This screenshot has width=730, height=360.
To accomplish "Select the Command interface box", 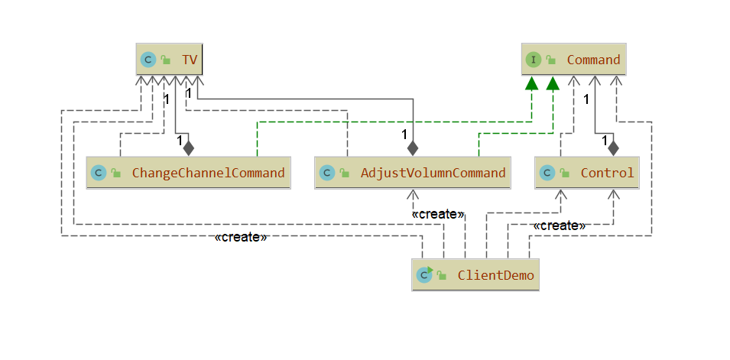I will coord(574,59).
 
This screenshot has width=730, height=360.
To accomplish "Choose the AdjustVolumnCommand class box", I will coord(413,173).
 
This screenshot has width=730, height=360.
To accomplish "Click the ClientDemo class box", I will coord(475,274).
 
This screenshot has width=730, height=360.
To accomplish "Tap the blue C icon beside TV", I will coord(148,60).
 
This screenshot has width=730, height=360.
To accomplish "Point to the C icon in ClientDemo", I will coord(423,274).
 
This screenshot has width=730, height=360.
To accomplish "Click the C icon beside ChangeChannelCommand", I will coord(98,174).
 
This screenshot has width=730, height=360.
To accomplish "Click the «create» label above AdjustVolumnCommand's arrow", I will coord(437,215).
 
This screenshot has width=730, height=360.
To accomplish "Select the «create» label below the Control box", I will coord(559,226).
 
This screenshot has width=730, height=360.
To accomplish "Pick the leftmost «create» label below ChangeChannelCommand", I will coord(241,238).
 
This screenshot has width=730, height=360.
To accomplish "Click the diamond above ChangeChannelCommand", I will coord(189,146).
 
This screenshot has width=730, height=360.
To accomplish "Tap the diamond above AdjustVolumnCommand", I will coord(414,146).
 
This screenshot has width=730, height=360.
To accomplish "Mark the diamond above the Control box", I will coord(612,146).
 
